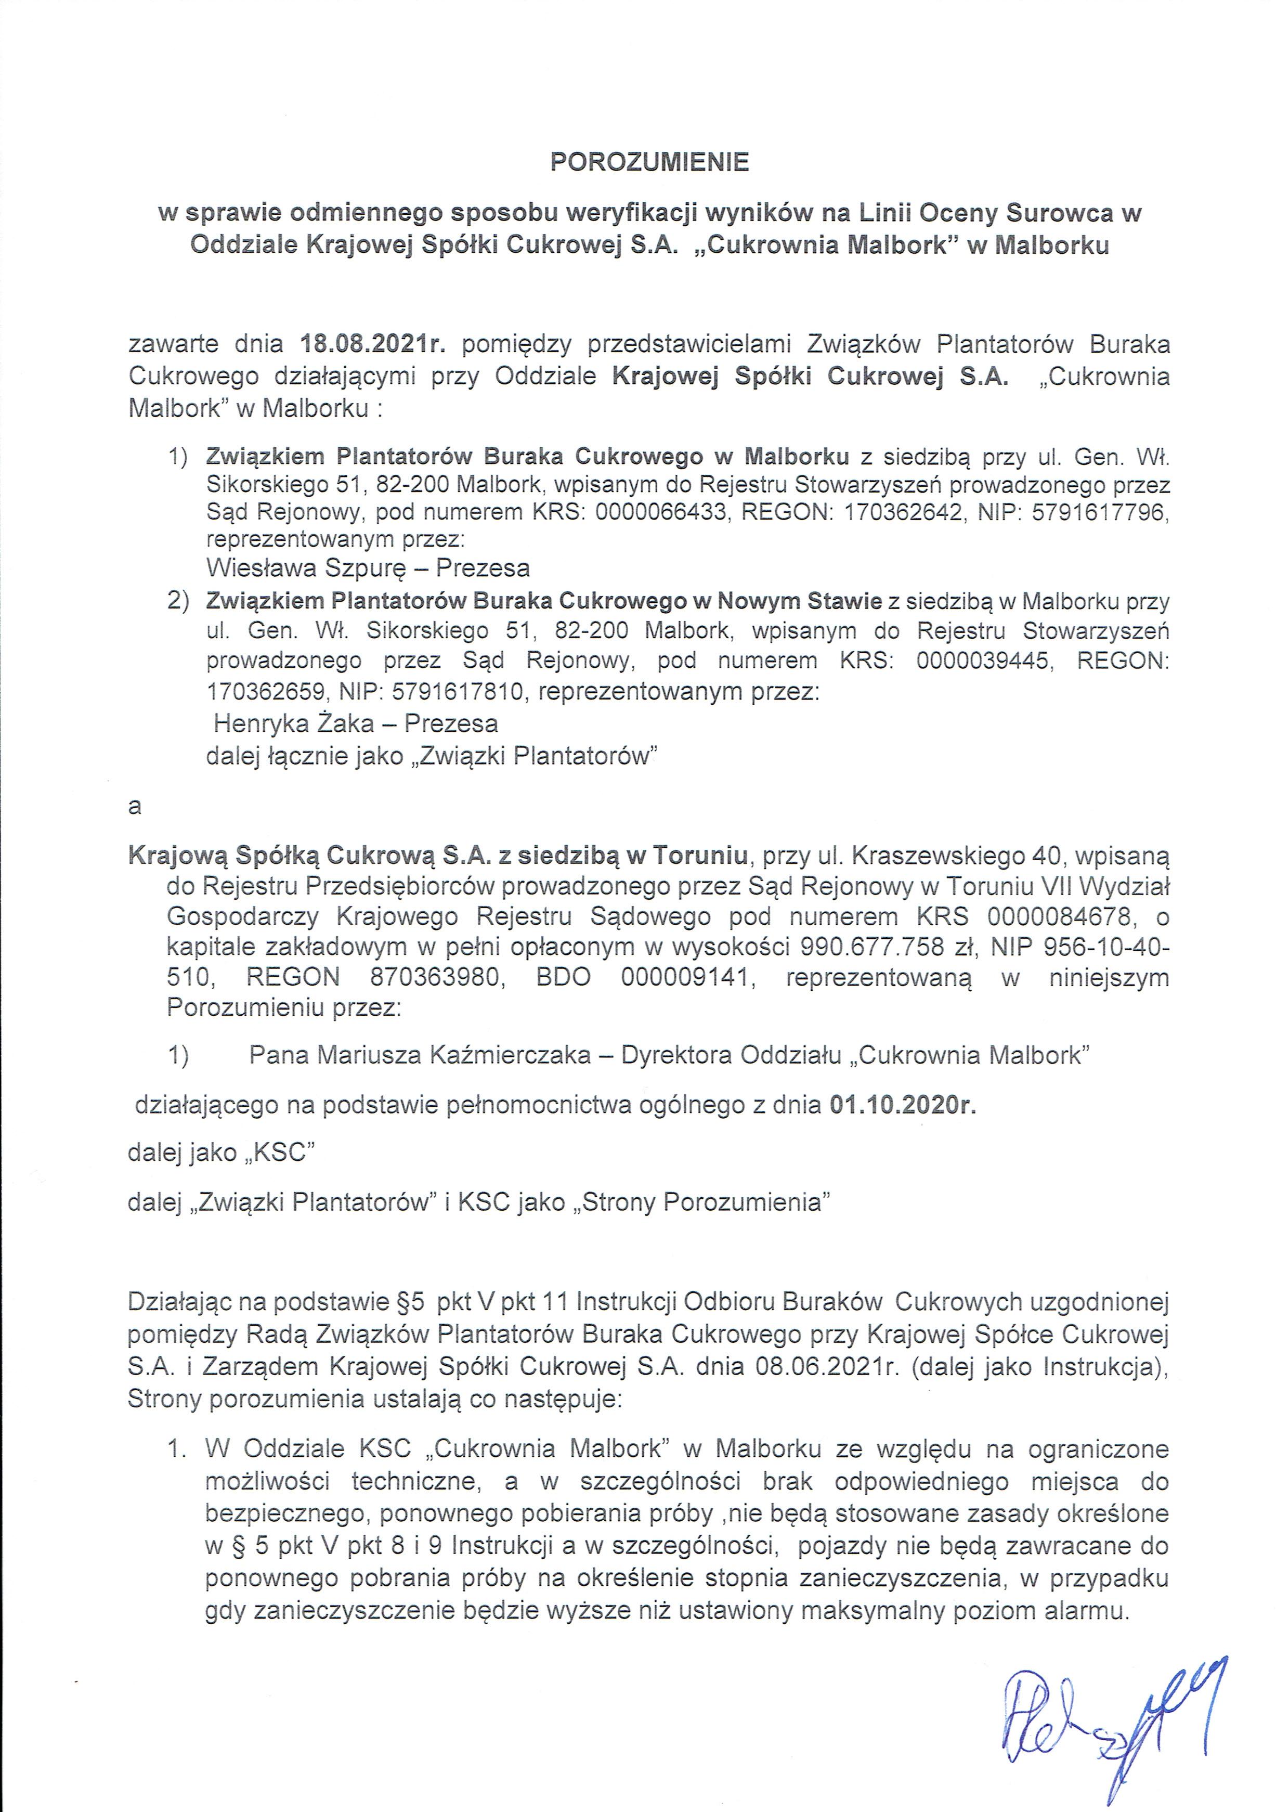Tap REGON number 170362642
[903, 512]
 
